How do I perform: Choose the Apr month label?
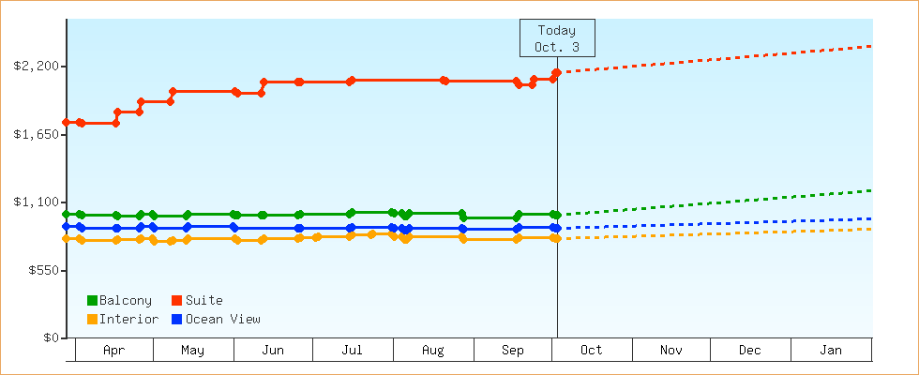tap(113, 351)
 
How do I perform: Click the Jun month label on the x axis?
tap(273, 351)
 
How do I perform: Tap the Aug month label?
tap(433, 351)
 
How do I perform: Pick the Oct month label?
tap(592, 351)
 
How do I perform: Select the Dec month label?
tap(750, 351)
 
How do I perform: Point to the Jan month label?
tap(831, 351)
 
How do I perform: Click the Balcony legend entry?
tap(119, 301)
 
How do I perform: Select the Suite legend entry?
tap(197, 301)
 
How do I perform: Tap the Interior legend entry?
tap(122, 320)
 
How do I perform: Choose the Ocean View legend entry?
tap(216, 320)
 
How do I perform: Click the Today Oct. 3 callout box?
tap(557, 38)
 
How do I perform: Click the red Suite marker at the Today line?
tap(557, 72)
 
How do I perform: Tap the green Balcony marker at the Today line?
tap(556, 216)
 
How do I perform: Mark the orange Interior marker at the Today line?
tap(556, 238)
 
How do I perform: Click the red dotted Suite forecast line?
tap(713, 58)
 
